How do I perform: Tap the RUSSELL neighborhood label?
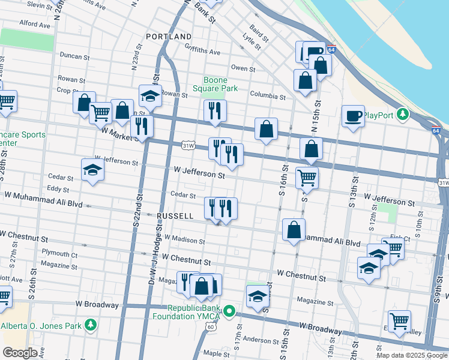pos(175,215)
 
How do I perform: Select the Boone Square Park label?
pos(215,84)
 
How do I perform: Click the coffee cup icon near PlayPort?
pos(354,115)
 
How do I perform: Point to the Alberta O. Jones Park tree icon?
pos(90,326)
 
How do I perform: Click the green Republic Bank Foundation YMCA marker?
pos(228,312)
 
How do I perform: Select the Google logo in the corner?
pos(20,353)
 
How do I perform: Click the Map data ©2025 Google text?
pos(411,355)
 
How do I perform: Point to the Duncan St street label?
pos(74,55)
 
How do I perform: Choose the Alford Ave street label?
pos(35,25)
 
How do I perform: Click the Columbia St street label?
pos(268,95)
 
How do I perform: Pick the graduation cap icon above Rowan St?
pos(150,95)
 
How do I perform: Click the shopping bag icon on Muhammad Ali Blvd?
pos(294,230)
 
